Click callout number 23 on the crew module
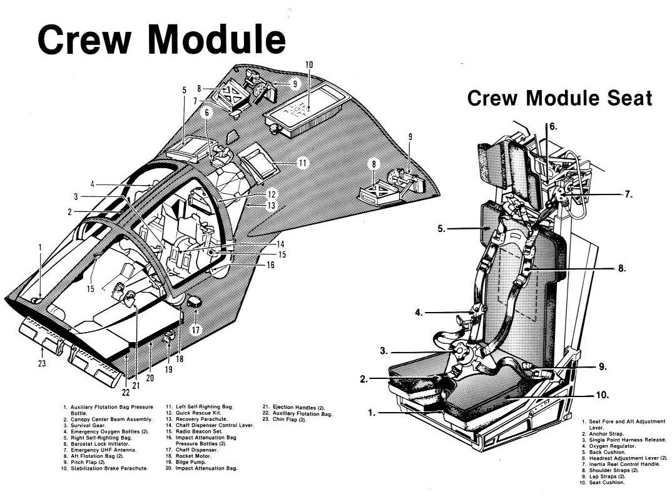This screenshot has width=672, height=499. tap(42, 363)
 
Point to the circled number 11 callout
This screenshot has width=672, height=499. tap(302, 163)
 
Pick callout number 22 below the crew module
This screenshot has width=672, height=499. tap(127, 392)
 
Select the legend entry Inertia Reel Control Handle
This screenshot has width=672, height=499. tap(619, 464)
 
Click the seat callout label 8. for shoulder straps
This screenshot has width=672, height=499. tap(621, 268)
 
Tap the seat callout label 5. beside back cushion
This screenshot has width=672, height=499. tap(442, 229)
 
